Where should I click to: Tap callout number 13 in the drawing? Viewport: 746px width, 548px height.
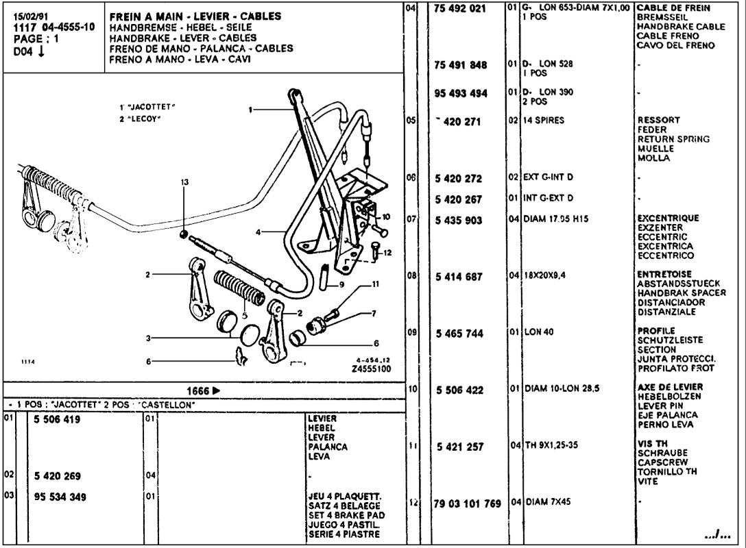(x=184, y=182)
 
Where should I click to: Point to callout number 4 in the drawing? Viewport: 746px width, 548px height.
(x=258, y=232)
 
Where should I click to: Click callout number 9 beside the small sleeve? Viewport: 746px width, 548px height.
(x=341, y=284)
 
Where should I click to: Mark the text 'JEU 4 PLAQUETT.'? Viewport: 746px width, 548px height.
(x=344, y=497)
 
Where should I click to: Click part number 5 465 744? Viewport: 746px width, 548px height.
(x=461, y=334)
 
